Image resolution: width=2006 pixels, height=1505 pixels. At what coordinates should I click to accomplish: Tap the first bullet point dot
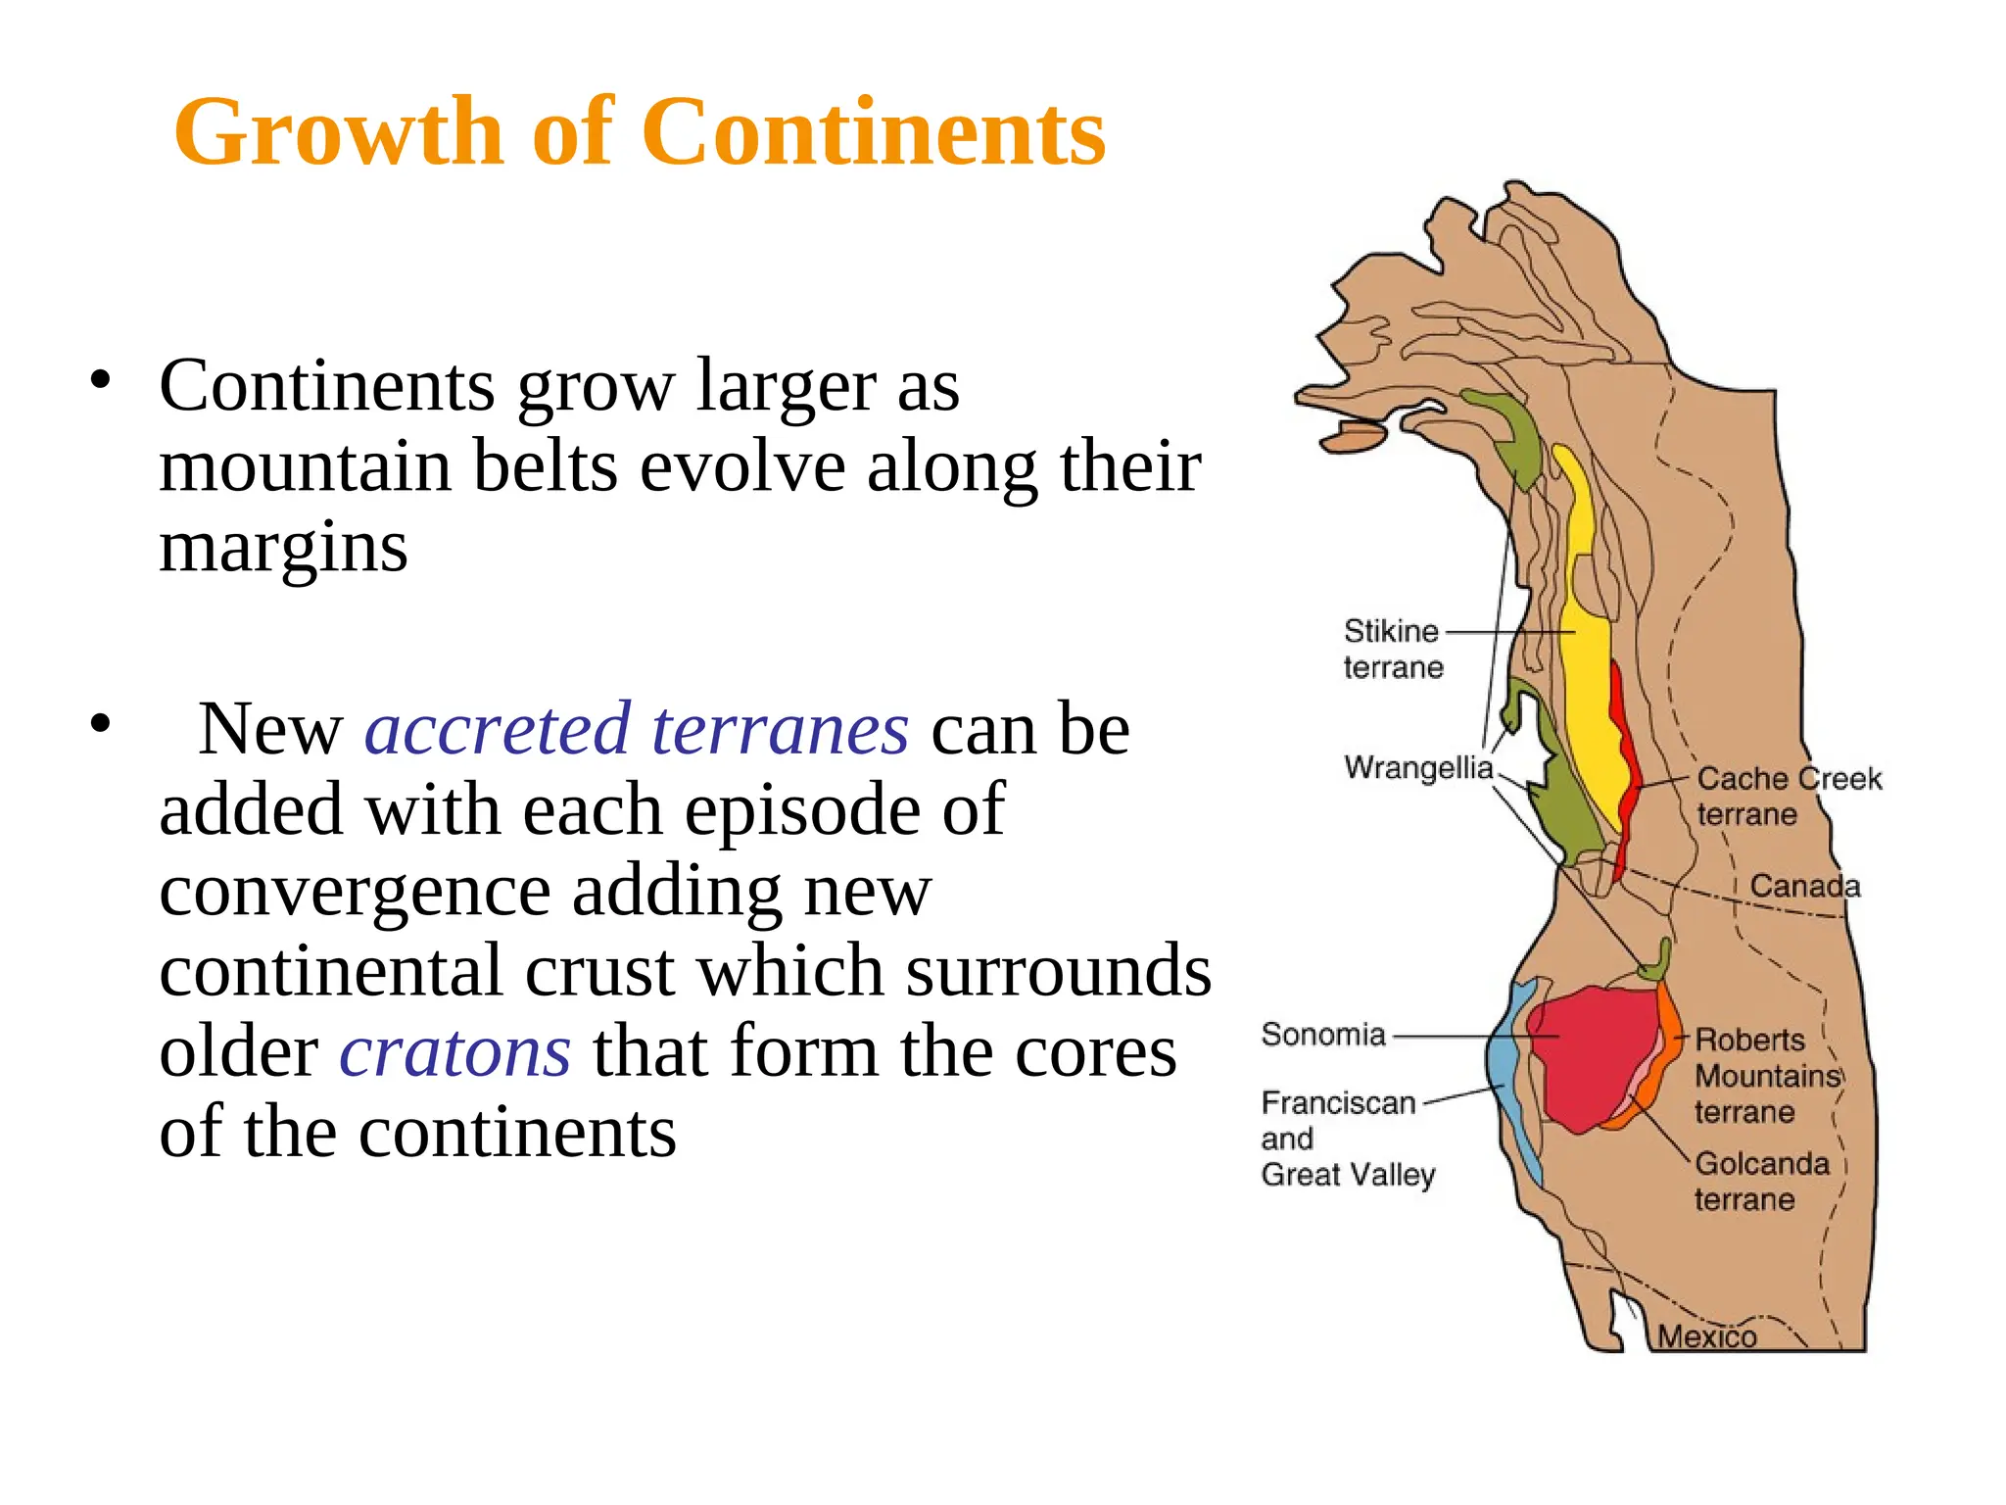(x=99, y=381)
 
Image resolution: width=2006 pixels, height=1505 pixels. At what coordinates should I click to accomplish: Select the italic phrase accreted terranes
(x=637, y=730)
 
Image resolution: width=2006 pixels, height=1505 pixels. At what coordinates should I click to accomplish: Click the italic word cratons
(x=454, y=1051)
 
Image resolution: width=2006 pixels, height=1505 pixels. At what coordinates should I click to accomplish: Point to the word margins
(x=283, y=548)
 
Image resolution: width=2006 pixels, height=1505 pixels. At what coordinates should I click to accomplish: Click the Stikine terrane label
(x=1392, y=649)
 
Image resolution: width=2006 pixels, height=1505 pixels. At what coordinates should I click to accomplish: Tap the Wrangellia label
(x=1417, y=767)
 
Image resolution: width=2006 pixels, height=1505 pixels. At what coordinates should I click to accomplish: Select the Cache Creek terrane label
(x=1788, y=796)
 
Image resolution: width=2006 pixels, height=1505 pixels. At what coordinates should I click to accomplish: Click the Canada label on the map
(x=1804, y=887)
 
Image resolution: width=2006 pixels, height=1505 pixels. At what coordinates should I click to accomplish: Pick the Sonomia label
(x=1323, y=1035)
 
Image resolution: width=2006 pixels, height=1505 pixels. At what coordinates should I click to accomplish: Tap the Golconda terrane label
(x=1761, y=1181)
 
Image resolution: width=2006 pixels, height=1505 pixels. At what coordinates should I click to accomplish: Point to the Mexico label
(x=1706, y=1337)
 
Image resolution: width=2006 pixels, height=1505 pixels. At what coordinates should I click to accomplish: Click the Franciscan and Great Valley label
(x=1346, y=1139)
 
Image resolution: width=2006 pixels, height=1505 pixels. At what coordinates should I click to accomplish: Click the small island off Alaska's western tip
(x=1354, y=437)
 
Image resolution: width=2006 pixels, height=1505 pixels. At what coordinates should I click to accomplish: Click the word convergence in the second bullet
(x=354, y=891)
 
